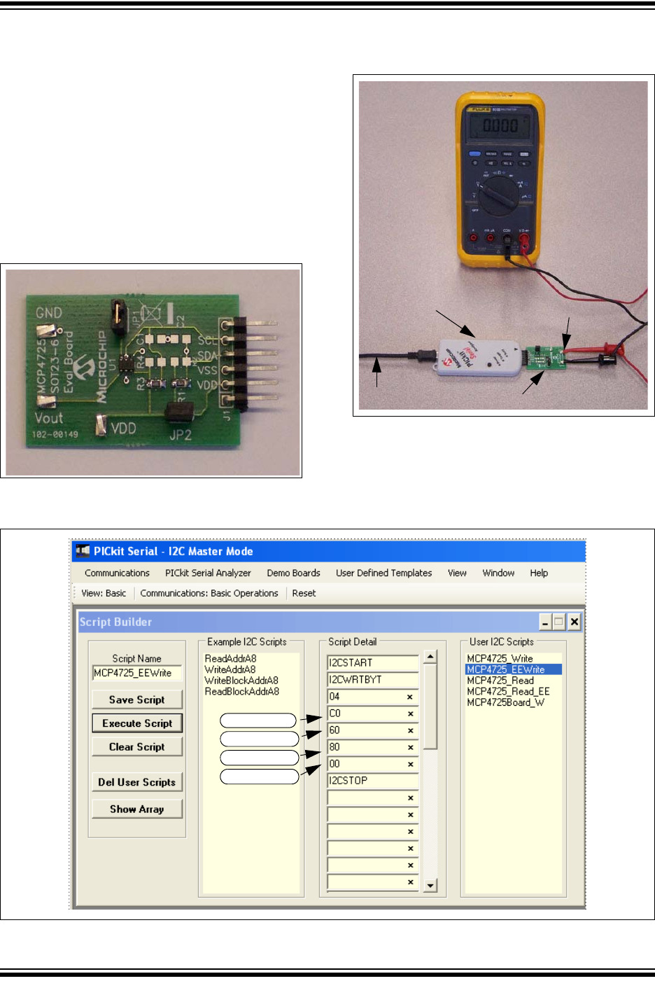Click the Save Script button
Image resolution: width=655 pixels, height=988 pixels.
point(136,700)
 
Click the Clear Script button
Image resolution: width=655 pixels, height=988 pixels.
point(136,747)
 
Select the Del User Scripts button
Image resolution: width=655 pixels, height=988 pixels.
point(136,782)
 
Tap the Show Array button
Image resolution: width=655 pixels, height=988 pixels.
point(136,809)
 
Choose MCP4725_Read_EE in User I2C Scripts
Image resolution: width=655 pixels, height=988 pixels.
point(508,691)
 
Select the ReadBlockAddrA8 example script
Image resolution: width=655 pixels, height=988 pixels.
point(241,691)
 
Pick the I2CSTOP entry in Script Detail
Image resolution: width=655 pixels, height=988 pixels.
point(371,781)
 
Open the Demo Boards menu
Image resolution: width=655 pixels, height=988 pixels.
point(293,573)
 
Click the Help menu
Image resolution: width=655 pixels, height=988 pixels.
point(539,573)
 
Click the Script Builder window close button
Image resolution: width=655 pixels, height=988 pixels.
point(574,622)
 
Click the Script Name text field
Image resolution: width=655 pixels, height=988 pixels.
point(136,673)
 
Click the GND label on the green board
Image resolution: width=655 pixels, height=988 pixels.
point(49,313)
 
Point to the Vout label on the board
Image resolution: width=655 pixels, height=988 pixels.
point(49,418)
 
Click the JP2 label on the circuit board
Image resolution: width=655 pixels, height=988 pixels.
point(180,435)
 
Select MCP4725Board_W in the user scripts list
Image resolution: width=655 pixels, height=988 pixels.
point(505,702)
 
